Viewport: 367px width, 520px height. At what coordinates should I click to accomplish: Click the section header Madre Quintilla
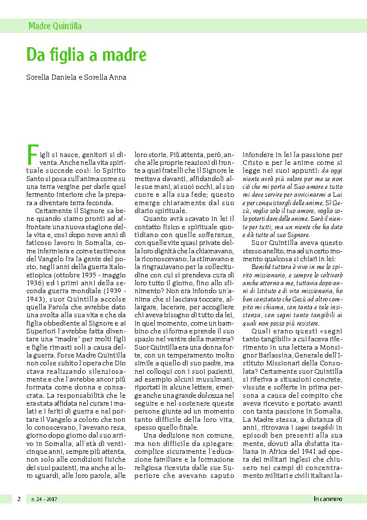55,26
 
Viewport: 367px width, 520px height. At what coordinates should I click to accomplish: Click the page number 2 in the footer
19,499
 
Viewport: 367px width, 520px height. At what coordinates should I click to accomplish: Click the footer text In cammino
328,499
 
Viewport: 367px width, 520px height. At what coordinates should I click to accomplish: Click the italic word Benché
263,268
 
